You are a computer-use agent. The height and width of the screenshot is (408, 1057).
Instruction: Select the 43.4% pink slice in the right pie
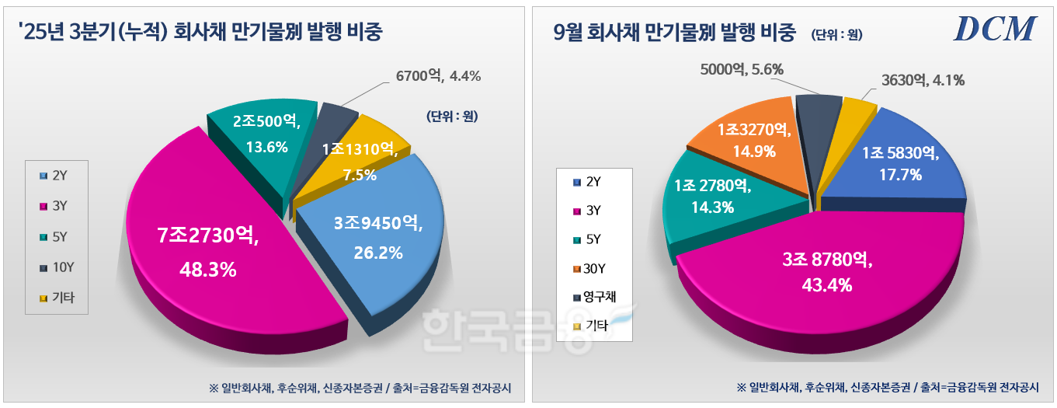(823, 272)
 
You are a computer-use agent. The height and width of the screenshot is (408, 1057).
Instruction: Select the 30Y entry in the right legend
(592, 267)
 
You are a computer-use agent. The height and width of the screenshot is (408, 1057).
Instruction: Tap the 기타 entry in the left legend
(58, 297)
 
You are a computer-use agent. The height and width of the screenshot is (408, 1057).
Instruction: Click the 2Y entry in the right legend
(589, 182)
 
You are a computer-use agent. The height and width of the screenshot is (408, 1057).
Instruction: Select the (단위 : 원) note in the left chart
(451, 117)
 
